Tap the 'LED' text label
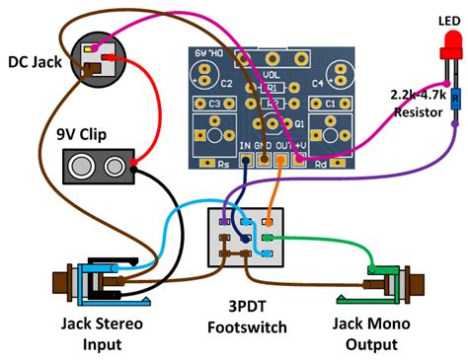click(444, 21)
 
